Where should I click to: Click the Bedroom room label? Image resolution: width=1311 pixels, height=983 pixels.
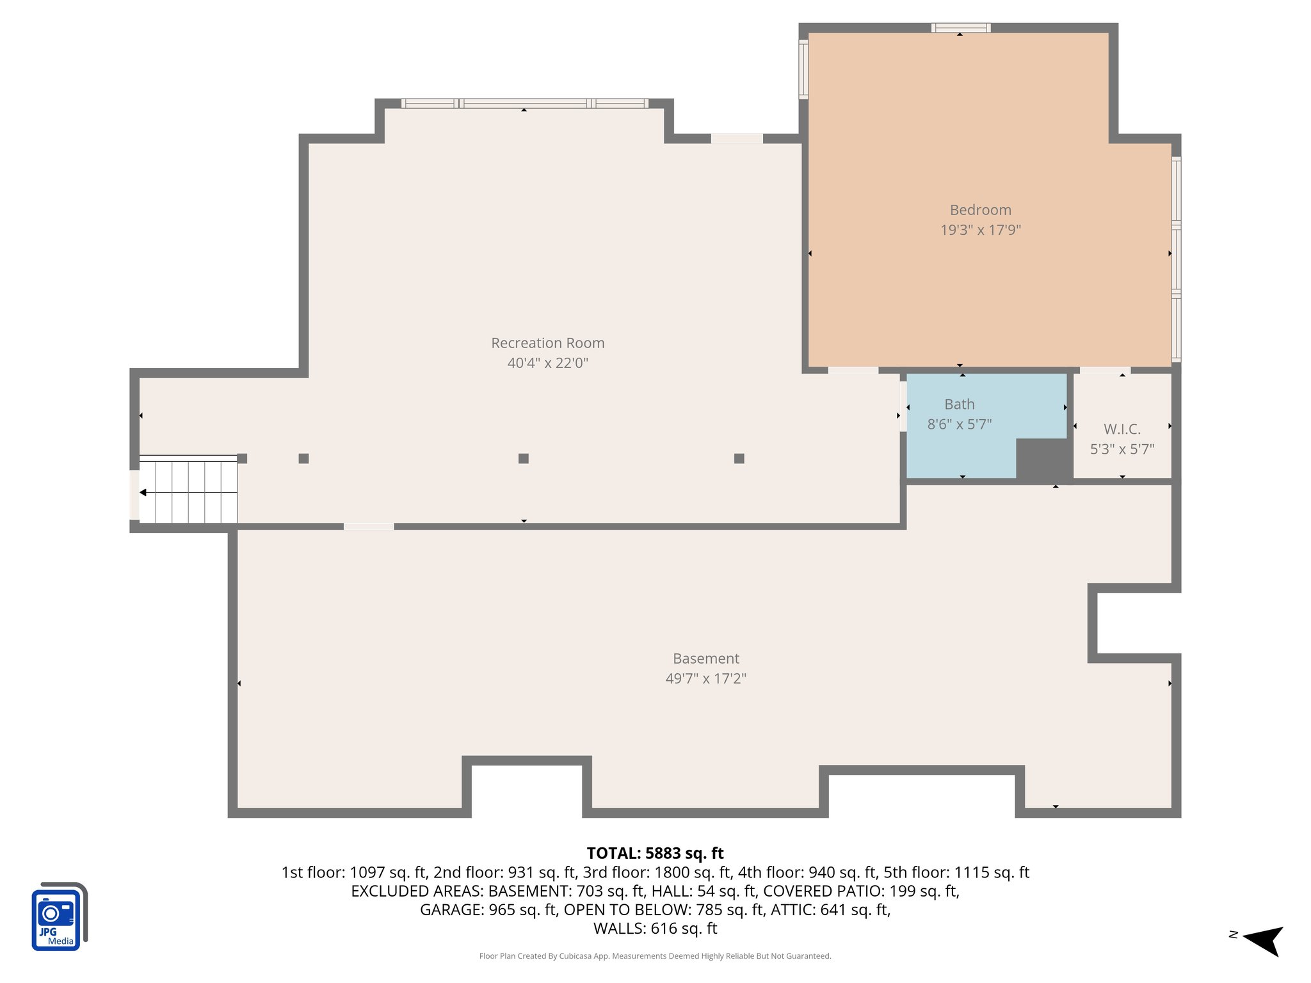(980, 210)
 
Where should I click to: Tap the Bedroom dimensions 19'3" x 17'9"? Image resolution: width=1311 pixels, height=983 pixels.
(980, 230)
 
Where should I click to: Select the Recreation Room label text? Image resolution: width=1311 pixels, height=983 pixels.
(547, 343)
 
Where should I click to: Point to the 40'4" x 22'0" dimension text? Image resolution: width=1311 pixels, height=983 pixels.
(547, 363)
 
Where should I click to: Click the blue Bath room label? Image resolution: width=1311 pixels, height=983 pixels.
(959, 404)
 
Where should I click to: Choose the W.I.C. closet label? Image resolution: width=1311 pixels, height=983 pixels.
(1122, 429)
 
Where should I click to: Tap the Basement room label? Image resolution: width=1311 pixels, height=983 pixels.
(705, 659)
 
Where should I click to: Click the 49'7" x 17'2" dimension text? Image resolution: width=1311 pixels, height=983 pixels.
(705, 678)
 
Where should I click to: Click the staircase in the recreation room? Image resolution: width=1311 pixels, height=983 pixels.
(188, 490)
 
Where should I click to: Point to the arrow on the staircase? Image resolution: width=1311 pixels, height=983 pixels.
(144, 492)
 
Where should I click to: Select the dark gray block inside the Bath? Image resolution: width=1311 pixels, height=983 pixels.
(1043, 460)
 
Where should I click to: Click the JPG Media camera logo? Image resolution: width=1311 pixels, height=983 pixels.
(58, 916)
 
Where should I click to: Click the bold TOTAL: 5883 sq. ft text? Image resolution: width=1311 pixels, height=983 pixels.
(655, 853)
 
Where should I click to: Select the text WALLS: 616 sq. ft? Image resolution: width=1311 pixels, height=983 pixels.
(655, 929)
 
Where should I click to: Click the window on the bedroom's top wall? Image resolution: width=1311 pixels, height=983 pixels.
(960, 28)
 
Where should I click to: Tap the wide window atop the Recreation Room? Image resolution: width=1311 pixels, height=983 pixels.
(524, 103)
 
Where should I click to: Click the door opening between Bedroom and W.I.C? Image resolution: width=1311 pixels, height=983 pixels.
(1105, 370)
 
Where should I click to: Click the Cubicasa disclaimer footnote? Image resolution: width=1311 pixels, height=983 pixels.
(655, 956)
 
